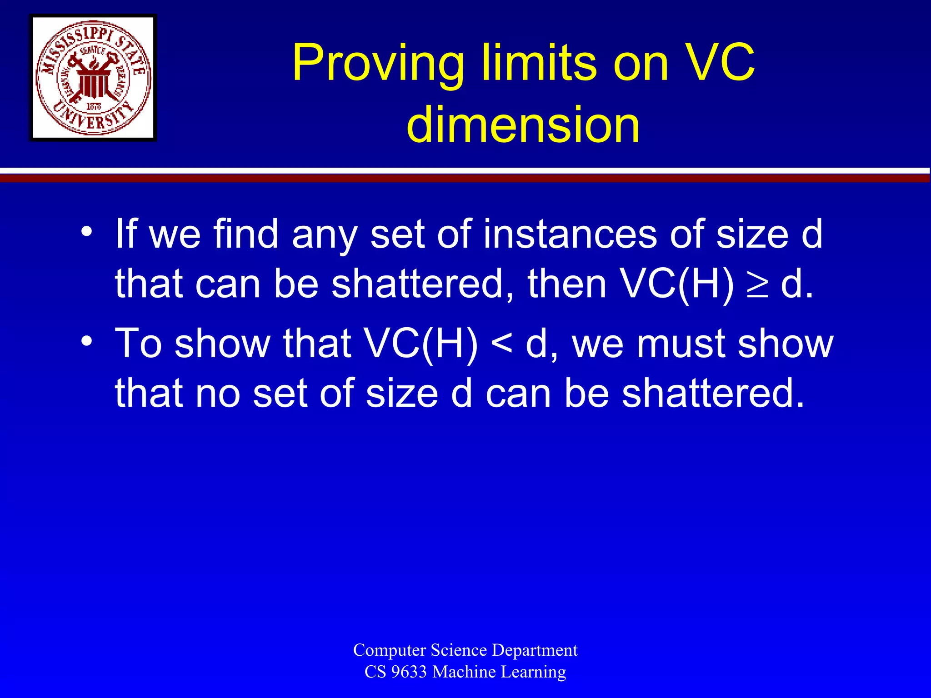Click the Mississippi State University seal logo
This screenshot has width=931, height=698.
coord(93,78)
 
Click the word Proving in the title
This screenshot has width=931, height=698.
coord(377,64)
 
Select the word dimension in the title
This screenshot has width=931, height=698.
coord(523,125)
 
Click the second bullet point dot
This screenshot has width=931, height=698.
coord(87,341)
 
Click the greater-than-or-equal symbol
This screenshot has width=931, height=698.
coord(757,286)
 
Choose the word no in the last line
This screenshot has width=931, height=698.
coord(217,393)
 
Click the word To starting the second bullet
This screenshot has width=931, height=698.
coord(138,344)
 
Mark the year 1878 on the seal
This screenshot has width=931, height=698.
coord(94,106)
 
